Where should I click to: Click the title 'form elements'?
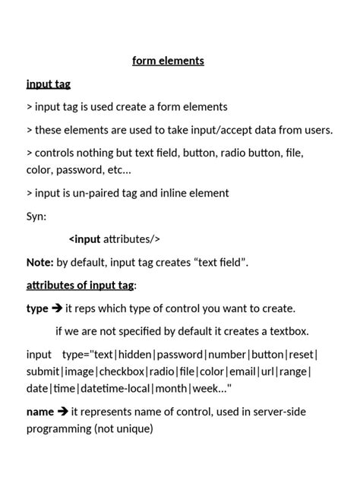[168, 61]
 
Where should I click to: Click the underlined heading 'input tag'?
[49, 84]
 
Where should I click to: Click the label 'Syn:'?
[36, 216]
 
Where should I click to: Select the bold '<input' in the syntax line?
[85, 239]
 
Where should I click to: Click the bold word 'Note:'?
[40, 263]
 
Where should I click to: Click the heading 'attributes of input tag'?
[81, 286]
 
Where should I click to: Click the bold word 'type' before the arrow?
[37, 308]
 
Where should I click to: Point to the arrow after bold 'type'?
[57, 308]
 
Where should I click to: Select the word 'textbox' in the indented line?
[287, 331]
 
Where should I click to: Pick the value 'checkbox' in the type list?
[122, 371]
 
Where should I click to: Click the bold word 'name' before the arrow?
[40, 412]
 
